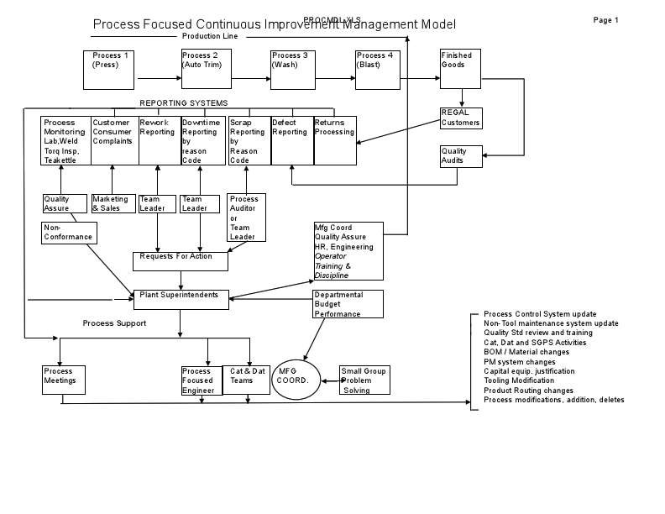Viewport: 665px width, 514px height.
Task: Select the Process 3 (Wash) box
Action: pos(291,70)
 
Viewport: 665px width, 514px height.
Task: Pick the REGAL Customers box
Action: pos(461,118)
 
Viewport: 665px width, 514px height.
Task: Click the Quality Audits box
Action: pos(461,156)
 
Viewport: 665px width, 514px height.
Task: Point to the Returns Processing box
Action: pos(334,140)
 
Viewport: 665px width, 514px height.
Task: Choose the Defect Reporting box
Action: pos(291,140)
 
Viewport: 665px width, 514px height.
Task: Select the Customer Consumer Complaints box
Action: pos(114,140)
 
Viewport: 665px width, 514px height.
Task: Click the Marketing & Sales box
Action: pos(113,203)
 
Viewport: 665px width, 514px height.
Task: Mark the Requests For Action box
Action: pos(181,261)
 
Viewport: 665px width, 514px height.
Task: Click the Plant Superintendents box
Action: pos(181,299)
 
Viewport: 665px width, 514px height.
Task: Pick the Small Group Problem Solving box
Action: pos(364,380)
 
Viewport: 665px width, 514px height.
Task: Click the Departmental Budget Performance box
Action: pos(348,304)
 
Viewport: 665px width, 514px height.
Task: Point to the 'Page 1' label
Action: pos(605,20)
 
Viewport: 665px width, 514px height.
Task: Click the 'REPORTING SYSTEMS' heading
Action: pos(183,103)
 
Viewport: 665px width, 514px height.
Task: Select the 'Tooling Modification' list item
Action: pos(520,380)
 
